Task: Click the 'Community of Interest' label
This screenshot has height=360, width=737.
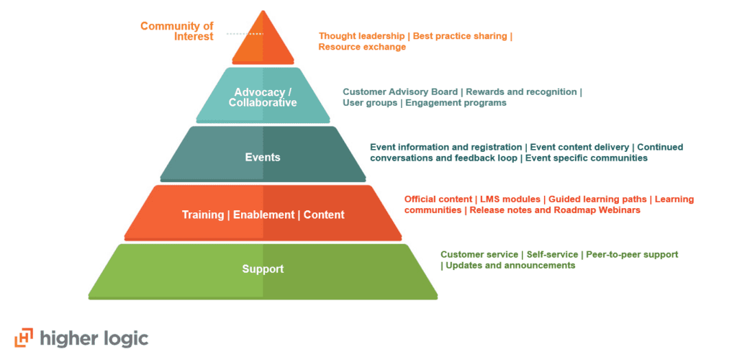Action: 177,32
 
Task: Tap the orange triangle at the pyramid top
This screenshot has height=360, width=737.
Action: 263,42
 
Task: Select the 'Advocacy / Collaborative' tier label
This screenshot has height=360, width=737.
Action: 263,97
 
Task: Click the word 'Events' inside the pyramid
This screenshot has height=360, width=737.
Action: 263,157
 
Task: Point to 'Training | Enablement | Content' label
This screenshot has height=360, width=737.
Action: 263,215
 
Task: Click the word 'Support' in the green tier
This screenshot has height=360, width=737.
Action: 263,269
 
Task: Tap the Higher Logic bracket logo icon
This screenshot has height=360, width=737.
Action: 24,338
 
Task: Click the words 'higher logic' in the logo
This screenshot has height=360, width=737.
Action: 94,338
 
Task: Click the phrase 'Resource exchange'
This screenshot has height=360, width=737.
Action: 362,47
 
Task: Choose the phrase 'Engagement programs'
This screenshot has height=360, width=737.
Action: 456,103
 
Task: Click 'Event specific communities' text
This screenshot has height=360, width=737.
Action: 587,158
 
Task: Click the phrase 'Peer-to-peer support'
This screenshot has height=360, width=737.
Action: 632,254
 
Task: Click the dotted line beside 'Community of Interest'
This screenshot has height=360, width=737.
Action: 245,34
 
